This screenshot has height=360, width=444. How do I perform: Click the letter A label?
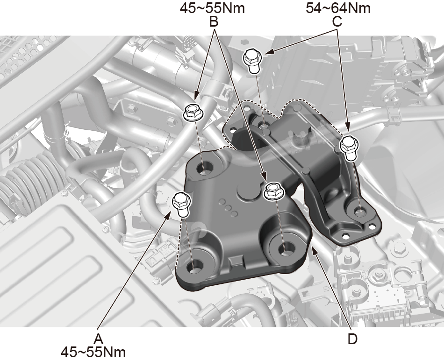(x=99, y=339)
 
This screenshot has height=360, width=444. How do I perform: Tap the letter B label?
(x=214, y=21)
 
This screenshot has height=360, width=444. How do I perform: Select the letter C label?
(x=337, y=21)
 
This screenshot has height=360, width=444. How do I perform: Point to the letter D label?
(x=352, y=339)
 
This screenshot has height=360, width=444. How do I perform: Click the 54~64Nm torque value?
(x=338, y=8)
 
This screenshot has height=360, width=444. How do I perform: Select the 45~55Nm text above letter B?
(x=212, y=8)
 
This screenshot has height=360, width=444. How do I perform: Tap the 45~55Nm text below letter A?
(x=93, y=352)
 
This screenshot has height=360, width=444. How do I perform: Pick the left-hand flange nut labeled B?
(x=193, y=112)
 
